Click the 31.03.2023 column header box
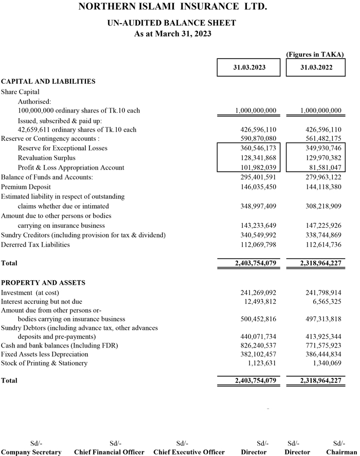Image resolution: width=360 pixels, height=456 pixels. coord(248,68)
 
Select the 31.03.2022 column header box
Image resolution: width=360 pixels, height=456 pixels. coord(315,68)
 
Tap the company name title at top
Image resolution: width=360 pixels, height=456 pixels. coord(173,7)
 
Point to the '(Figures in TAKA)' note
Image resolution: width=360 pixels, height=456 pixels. coord(315,54)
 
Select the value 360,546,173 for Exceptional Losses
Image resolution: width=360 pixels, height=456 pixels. coord(259,149)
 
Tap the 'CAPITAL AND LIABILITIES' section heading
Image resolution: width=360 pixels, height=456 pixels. coord(48,81)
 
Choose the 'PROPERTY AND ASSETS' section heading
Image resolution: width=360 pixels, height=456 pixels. coord(43,283)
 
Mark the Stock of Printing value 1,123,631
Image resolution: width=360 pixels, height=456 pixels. coord(262,363)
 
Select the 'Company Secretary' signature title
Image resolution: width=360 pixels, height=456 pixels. coord(31,452)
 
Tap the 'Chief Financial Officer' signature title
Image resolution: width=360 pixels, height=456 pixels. coord(109,452)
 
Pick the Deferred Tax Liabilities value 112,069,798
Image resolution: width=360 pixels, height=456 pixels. coord(259,245)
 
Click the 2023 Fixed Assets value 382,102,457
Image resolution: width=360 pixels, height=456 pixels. coord(259,354)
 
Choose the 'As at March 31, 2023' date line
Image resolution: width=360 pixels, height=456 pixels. coord(173,34)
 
